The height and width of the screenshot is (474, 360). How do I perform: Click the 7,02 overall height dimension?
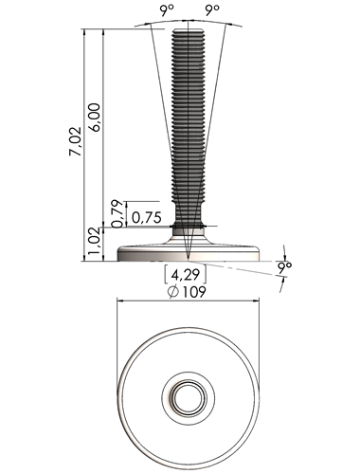(x=76, y=141)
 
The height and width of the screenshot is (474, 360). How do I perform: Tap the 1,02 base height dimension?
(x=95, y=243)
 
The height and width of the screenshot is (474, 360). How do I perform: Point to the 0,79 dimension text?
(x=117, y=213)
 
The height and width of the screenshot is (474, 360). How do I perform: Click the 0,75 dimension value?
(x=147, y=217)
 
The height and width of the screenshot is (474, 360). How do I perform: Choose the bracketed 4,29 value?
(x=186, y=274)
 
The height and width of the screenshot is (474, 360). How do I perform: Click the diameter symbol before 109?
(x=173, y=292)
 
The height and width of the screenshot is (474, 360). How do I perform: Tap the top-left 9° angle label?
(x=167, y=11)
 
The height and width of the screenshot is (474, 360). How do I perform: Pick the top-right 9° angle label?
(x=212, y=11)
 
